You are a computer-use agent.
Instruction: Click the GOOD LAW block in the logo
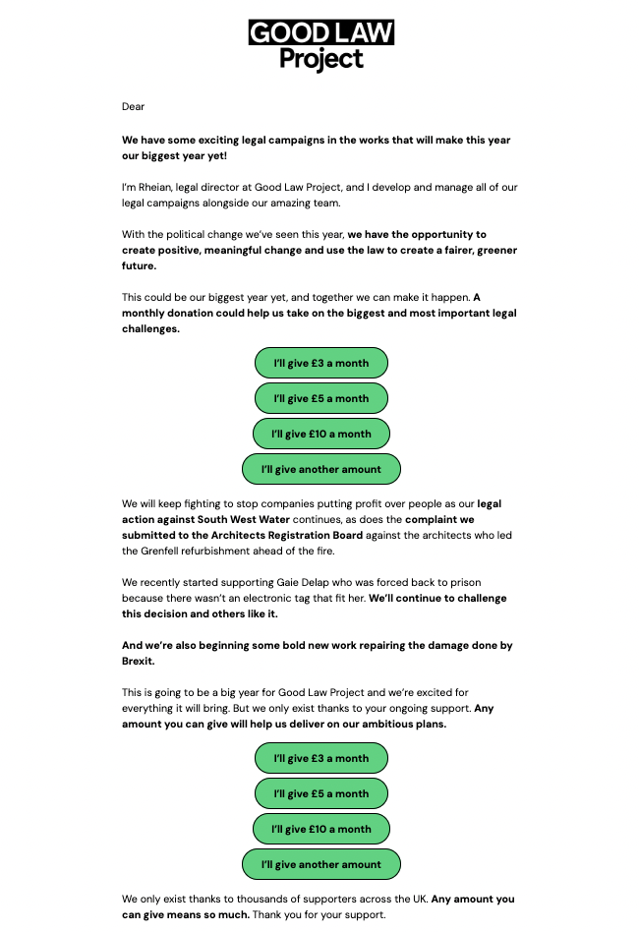coord(320,32)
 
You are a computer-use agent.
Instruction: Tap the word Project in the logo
coord(320,59)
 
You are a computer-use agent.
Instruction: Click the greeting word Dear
coord(133,106)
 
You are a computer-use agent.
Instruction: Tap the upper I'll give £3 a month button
coord(320,363)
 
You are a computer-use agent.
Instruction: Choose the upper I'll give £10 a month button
coord(320,434)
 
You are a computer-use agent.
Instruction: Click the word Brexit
coord(140,662)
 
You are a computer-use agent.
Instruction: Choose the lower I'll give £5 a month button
coord(320,793)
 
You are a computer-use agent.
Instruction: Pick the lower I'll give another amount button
coord(320,864)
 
